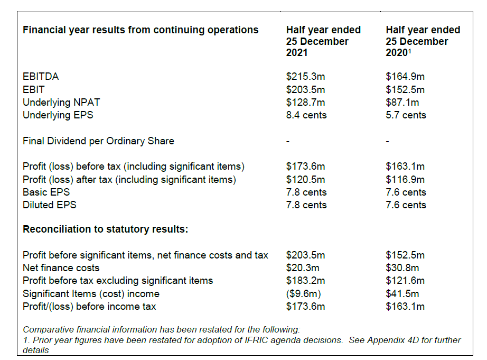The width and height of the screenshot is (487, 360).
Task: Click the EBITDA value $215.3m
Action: pos(305,77)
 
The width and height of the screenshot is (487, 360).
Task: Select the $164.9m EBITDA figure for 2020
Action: pos(405,77)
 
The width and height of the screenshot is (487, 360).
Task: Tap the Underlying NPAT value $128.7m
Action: pos(305,102)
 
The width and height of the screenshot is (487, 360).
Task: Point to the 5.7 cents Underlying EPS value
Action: pos(406,115)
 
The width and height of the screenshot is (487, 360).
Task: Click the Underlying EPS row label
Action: pos(58,115)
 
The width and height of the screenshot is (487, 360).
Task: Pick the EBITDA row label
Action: pos(41,77)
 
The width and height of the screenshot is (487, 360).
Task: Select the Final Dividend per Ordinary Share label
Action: pos(98,141)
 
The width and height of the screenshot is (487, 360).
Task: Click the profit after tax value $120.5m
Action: pos(305,180)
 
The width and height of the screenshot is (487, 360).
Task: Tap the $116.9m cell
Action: pos(405,180)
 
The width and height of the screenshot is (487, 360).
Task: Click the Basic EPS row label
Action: pos(46,192)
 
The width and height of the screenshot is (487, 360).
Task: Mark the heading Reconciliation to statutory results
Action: pos(106,229)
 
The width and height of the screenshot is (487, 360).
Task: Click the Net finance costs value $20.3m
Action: pos(303,268)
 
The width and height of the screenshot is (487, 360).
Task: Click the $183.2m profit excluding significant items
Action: pos(305,281)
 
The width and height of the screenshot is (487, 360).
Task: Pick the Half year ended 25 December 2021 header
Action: pos(323,41)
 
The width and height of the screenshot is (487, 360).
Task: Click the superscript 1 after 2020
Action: pos(411,51)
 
